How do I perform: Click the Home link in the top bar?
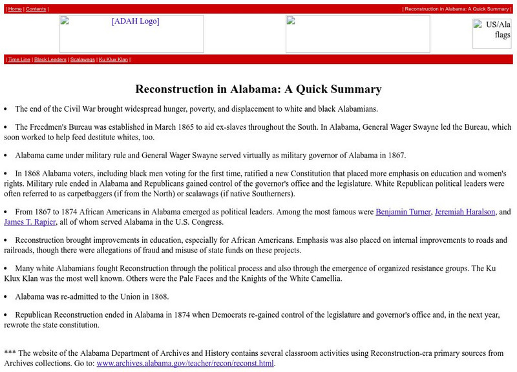click(15, 9)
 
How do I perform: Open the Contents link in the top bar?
click(36, 9)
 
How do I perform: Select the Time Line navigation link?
click(19, 59)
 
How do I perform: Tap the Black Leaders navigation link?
click(50, 59)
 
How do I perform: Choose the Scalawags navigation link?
click(82, 59)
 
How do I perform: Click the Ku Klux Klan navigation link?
click(113, 59)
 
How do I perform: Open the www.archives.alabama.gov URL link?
click(185, 364)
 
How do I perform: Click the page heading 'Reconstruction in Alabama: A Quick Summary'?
click(258, 89)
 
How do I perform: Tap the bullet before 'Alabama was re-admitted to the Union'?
click(6, 297)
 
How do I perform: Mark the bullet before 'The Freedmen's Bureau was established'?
click(6, 128)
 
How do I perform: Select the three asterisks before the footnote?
click(10, 353)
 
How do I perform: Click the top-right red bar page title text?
click(456, 9)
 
